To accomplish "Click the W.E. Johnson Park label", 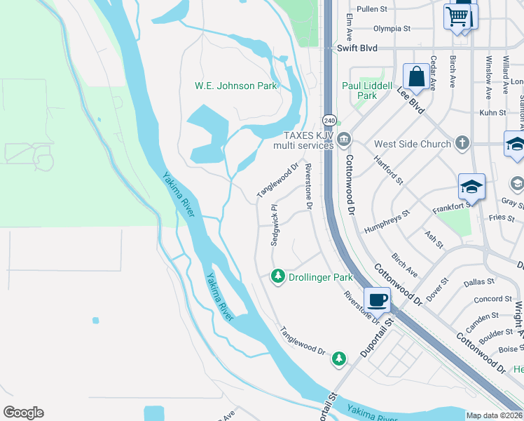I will click(235, 86).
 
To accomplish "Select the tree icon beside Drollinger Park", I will click(278, 277).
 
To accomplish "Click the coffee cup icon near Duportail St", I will click(377, 300).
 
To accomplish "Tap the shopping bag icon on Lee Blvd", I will click(416, 76).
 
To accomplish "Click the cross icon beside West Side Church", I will click(461, 144).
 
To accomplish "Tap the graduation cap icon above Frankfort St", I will click(471, 187).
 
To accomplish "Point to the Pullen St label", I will click(372, 9).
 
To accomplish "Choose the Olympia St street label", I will click(392, 29).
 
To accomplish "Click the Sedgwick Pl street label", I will click(275, 225).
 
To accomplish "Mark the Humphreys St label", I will click(386, 222).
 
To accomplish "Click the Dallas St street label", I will click(479, 282).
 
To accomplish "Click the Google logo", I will click(23, 413).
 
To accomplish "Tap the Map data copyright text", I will click(494, 415).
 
